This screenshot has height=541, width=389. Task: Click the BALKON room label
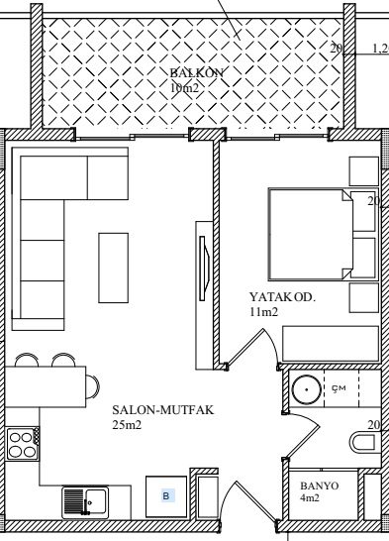[197, 73]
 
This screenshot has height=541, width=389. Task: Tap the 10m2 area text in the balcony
[184, 88]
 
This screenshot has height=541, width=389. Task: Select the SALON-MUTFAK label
[163, 410]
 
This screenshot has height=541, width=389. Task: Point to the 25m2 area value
[127, 425]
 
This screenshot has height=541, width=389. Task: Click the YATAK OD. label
[282, 297]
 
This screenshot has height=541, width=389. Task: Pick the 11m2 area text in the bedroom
[264, 312]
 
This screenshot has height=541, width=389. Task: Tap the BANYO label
[320, 486]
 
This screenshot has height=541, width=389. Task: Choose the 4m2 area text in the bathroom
[310, 497]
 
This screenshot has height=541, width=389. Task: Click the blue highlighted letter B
[166, 496]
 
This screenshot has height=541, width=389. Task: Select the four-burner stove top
[23, 444]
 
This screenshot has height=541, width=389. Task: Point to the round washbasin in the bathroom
[306, 389]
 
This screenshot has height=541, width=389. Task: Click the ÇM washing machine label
[339, 388]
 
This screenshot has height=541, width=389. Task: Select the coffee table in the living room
[114, 269]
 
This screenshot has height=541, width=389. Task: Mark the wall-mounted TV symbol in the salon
[204, 269]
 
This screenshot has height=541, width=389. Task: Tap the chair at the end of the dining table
[92, 386]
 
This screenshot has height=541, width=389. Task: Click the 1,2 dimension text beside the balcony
[381, 49]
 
